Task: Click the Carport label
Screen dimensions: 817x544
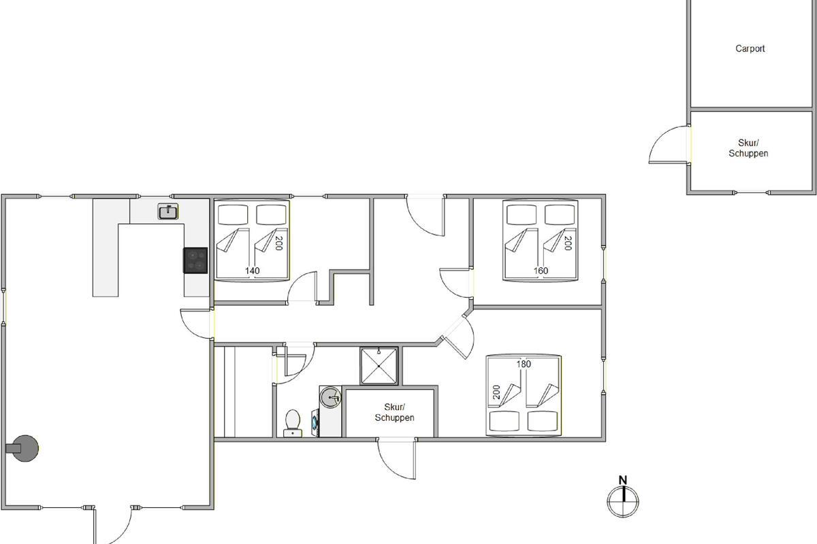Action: pos(750,48)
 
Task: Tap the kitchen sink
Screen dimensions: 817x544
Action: pos(168,211)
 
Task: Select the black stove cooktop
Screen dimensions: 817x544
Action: pos(195,260)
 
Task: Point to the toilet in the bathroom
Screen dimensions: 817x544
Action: pos(293,424)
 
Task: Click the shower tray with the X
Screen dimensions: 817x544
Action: pos(379,366)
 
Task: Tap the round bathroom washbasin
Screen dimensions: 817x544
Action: pos(330,396)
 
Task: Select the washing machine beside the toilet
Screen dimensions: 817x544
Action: pos(315,423)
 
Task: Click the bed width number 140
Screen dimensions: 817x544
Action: pos(252,271)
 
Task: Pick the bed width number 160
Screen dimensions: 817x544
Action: pos(541,271)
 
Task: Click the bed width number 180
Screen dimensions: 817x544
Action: pos(524,364)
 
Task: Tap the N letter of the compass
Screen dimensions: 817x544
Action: pos(622,480)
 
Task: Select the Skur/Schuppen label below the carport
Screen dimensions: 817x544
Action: pos(748,148)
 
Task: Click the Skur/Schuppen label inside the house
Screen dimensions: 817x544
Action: pos(394,413)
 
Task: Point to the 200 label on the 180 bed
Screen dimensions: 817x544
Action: pos(496,392)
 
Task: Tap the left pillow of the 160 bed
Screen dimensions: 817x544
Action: pos(522,215)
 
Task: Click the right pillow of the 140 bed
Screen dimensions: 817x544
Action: pos(271,215)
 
